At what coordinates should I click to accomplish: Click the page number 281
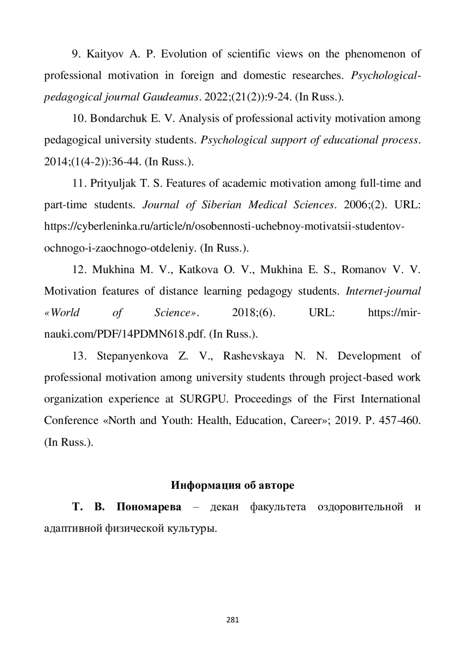[x=232, y=620]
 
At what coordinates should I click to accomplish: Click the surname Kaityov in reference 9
[x=105, y=54]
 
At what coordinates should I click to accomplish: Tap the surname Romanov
[x=364, y=270]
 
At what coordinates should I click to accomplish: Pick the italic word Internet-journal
[x=383, y=291]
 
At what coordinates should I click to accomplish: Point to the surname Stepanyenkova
[x=133, y=356]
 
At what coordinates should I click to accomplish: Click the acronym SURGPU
[x=202, y=399]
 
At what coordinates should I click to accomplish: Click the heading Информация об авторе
[x=232, y=485]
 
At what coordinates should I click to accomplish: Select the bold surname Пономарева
[x=149, y=507]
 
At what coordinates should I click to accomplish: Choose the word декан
[x=224, y=507]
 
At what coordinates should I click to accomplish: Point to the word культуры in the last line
[x=191, y=529]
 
